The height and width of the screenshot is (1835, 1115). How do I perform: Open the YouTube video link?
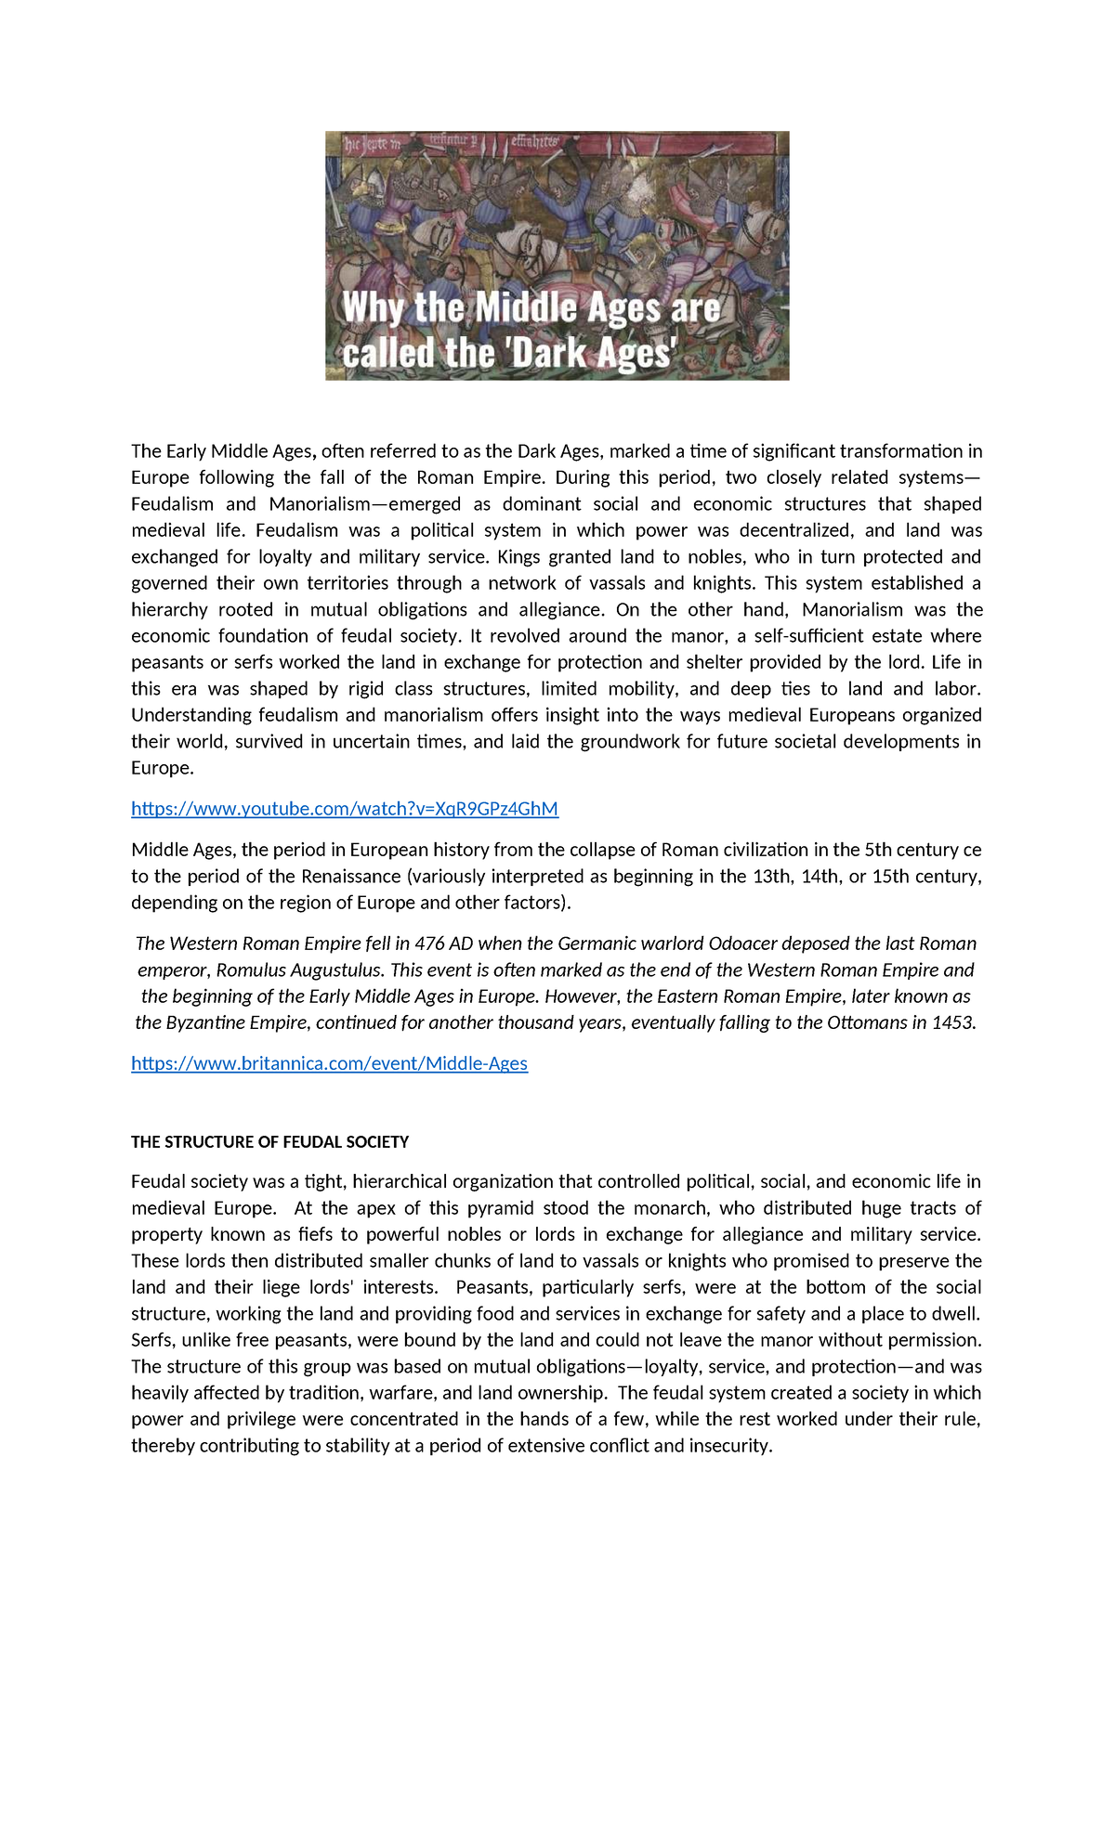click(344, 809)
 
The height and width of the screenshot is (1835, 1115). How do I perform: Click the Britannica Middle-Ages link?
click(329, 1064)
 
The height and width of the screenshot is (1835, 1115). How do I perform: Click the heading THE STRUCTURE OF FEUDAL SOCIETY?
click(269, 1142)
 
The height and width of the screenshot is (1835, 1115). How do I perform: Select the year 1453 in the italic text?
click(952, 1023)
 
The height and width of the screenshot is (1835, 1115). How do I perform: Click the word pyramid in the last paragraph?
click(500, 1209)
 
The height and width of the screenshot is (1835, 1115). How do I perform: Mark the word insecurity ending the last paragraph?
click(729, 1447)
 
